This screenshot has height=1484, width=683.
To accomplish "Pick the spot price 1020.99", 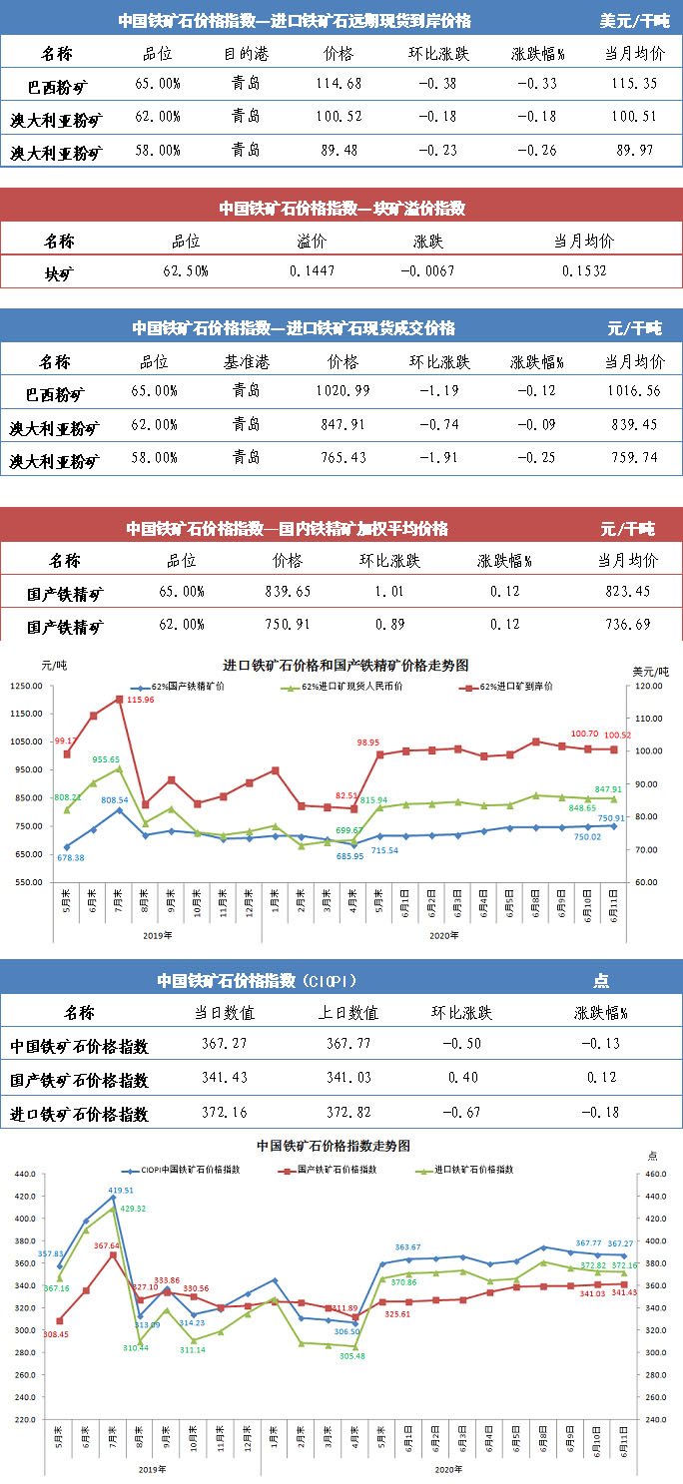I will [342, 390].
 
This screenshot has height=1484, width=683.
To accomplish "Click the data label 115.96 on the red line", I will [141, 701].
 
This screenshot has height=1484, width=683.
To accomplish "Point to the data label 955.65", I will [107, 759].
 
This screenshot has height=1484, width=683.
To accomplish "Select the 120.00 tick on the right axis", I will [651, 687].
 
